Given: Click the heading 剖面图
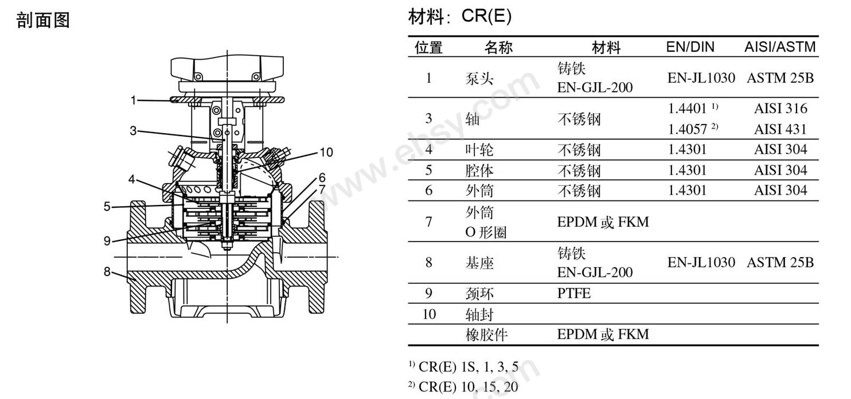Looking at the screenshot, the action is (43, 20).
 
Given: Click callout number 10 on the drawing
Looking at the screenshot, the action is (326, 152).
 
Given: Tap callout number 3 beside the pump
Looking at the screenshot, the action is (133, 131).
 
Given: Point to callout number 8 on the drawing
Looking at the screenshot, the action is (107, 272).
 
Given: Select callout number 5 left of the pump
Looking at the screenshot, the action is (107, 207).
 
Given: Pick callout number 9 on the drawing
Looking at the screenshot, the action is (107, 241).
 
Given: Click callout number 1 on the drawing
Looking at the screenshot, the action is (133, 100).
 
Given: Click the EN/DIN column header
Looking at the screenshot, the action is (690, 47).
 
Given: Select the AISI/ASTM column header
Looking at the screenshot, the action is (779, 47).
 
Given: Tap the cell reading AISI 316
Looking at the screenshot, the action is (780, 109).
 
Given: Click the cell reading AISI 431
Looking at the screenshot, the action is (780, 129).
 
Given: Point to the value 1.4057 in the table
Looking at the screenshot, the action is (687, 129).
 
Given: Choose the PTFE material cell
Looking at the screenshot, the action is (573, 293).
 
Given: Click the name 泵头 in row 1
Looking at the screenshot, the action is (479, 79).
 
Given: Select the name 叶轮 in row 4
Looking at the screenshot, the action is (479, 150).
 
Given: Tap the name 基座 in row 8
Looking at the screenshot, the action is (479, 263).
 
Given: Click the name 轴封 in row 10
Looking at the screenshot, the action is (479, 315).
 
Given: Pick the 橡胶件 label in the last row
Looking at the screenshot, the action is (487, 335).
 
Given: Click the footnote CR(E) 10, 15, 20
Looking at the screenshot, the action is (468, 387).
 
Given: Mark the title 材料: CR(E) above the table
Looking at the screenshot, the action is (460, 16).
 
